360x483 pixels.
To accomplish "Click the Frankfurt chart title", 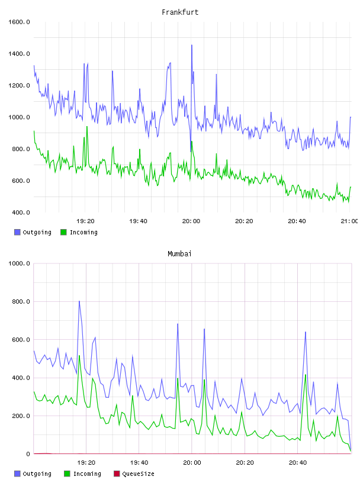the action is [x=180, y=12].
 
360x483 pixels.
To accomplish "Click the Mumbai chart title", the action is [x=179, y=254].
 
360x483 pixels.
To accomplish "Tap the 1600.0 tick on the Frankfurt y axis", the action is [x=19, y=22].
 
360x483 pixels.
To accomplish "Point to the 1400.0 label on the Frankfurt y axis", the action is [x=19, y=54].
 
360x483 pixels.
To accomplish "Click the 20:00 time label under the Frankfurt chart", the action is [x=191, y=221].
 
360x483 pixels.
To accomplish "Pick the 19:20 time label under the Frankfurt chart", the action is [x=85, y=221].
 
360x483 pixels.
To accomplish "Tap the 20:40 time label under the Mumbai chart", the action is [x=298, y=463].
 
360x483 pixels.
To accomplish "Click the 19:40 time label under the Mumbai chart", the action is [x=139, y=463].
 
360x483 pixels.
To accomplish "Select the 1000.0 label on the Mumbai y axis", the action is [x=19, y=263].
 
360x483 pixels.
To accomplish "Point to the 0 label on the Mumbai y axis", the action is [x=28, y=454].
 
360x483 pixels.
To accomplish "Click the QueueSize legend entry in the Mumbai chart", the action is [x=134, y=474].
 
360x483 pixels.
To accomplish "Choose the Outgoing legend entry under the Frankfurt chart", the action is [x=33, y=232].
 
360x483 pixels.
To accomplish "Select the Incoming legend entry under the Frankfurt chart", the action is [x=79, y=232].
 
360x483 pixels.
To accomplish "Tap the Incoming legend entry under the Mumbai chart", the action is [x=83, y=474].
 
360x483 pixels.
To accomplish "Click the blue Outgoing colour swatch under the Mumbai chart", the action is [x=17, y=474].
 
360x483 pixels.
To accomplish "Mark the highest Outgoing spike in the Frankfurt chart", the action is [x=192, y=45].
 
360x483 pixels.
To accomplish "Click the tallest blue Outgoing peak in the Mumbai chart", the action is [x=79, y=301].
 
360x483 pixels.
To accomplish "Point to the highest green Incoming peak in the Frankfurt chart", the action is [x=87, y=127].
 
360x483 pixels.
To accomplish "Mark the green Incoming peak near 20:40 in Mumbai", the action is [x=306, y=375].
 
